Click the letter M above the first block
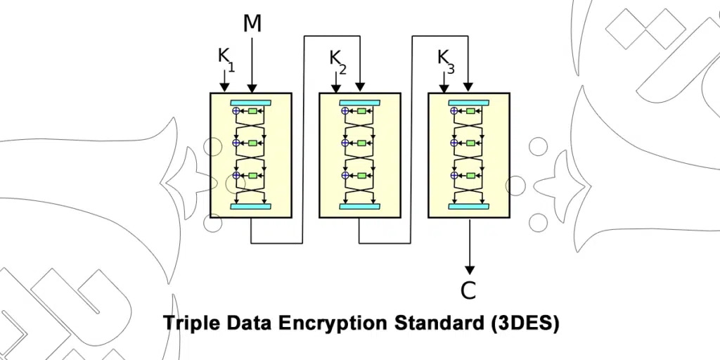[x=252, y=24]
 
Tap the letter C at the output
[x=468, y=290]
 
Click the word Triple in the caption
[x=191, y=323]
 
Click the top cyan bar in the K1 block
[x=251, y=103]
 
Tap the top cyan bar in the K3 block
[x=469, y=103]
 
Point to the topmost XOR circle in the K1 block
[x=236, y=111]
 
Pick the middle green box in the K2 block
[x=362, y=143]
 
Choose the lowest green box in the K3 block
[x=471, y=175]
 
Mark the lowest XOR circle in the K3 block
[x=454, y=175]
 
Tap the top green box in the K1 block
[x=253, y=111]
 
